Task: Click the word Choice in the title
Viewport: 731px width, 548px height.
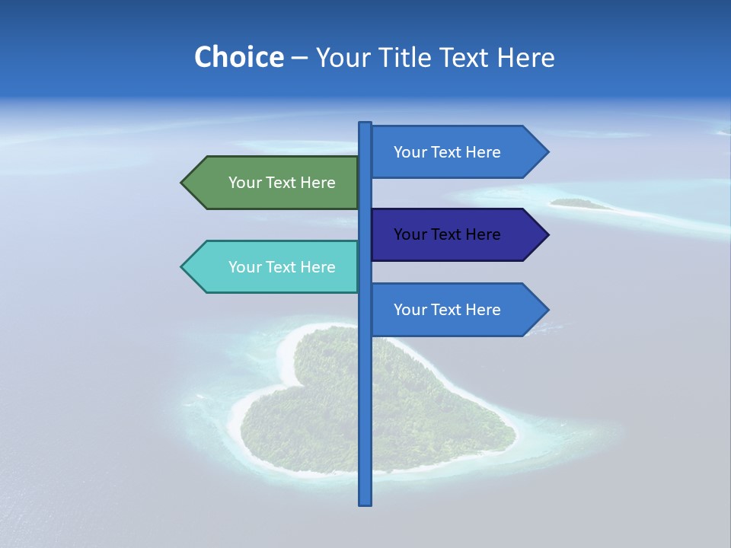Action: pyautogui.click(x=238, y=57)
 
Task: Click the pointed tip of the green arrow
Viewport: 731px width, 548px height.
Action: pyautogui.click(x=184, y=183)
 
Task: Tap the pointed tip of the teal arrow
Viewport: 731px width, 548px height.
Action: pyautogui.click(x=184, y=267)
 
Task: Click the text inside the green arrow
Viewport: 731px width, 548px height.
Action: pyautogui.click(x=282, y=183)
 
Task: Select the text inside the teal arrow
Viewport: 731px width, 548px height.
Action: pyautogui.click(x=282, y=267)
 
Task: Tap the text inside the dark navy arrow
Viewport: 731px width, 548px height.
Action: pyautogui.click(x=447, y=234)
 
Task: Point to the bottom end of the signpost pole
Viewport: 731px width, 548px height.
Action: pyautogui.click(x=365, y=502)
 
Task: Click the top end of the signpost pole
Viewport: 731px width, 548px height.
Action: pyautogui.click(x=365, y=124)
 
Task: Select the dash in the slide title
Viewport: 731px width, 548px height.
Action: pyautogui.click(x=299, y=58)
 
